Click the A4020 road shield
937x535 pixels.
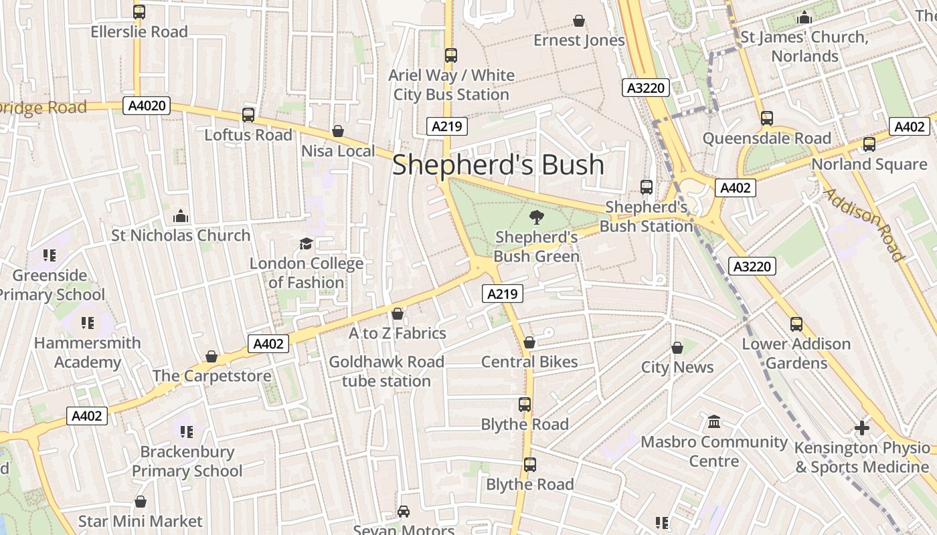[x=147, y=105]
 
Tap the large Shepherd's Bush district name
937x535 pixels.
[x=498, y=165]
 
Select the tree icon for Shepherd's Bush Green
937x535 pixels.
[x=536, y=217]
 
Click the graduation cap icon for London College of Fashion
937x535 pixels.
[x=306, y=243]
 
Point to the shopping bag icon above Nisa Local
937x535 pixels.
[x=338, y=131]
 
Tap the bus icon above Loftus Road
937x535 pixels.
[x=248, y=115]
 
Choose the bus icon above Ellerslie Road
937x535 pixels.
[x=139, y=11]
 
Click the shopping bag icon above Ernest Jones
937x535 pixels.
[x=579, y=21]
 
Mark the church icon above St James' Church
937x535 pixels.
[x=804, y=17]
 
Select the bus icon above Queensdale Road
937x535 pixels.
[x=767, y=118]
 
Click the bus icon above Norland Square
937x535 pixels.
[x=869, y=144]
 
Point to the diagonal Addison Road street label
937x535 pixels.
[x=864, y=225]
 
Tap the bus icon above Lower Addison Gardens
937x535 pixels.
[x=796, y=324]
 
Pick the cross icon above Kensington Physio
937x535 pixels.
[x=862, y=427]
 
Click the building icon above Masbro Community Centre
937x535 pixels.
[x=714, y=422]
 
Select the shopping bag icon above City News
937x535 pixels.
[x=677, y=348]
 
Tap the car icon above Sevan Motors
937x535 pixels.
[x=404, y=512]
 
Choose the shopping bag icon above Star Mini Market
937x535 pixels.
[x=141, y=502]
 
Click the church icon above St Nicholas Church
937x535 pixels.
[x=181, y=216]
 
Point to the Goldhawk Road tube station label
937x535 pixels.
[x=386, y=371]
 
